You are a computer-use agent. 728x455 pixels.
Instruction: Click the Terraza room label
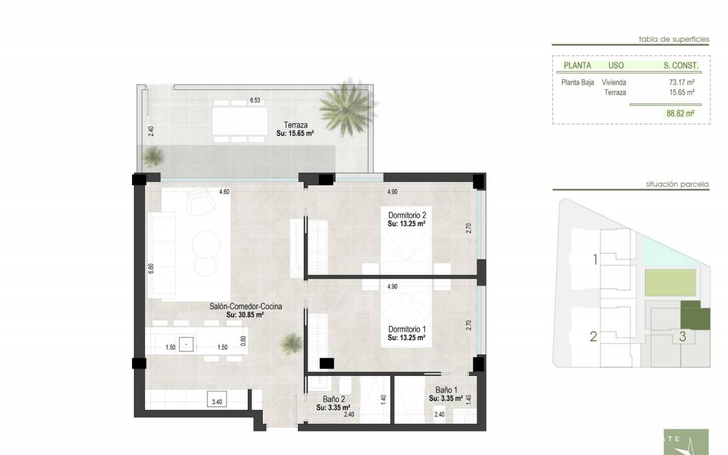tap(295, 125)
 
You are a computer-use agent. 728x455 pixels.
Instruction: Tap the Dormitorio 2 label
tap(407, 215)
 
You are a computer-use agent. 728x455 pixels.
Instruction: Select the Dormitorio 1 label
tap(407, 329)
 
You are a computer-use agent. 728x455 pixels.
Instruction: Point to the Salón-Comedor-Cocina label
tap(246, 306)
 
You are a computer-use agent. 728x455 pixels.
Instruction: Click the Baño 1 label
tap(446, 390)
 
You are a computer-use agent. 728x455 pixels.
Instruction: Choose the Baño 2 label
tap(334, 399)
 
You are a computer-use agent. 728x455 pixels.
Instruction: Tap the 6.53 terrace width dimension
tap(255, 101)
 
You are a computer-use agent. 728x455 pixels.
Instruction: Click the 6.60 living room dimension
tap(151, 268)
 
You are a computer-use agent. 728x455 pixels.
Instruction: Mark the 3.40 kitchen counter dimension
tap(217, 402)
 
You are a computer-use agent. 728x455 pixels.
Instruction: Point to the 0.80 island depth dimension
tap(243, 341)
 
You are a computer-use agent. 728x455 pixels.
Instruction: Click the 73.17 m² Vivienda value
tap(682, 82)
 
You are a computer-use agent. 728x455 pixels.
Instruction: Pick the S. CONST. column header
tap(681, 65)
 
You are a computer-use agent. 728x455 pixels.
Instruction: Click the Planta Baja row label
tap(577, 82)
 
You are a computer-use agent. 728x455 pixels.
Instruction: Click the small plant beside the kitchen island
tap(291, 344)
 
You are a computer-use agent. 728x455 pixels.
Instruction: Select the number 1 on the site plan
tap(595, 260)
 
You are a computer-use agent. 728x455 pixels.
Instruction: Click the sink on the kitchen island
tap(186, 344)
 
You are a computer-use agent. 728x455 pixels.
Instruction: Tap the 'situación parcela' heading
tap(677, 184)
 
